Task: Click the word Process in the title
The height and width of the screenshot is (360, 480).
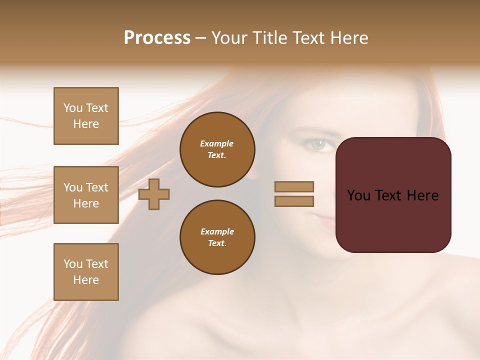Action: (x=157, y=38)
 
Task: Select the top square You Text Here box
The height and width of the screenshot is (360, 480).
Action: (x=86, y=116)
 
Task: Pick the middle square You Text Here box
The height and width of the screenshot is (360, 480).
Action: (x=86, y=195)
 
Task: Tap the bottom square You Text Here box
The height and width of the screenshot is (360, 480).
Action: (x=86, y=271)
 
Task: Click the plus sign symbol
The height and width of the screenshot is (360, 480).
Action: (x=154, y=194)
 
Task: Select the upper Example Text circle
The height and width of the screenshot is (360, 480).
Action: (x=217, y=149)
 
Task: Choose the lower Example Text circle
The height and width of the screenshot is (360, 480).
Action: (x=217, y=237)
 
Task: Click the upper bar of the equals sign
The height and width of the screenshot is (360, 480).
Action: (x=294, y=186)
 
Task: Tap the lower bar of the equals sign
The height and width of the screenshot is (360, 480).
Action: (x=294, y=201)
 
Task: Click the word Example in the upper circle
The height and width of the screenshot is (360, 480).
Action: (x=217, y=143)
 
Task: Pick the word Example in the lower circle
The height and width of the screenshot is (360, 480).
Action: (x=217, y=231)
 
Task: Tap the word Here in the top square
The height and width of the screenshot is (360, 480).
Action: (x=86, y=124)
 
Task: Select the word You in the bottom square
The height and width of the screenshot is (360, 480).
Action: (x=73, y=264)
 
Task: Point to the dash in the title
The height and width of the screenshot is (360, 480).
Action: (x=201, y=38)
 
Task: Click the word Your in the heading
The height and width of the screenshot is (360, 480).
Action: (x=229, y=38)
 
